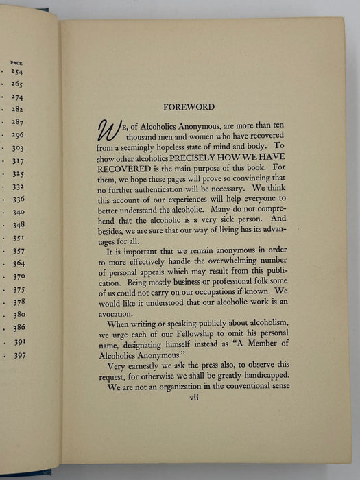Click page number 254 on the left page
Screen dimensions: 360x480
tap(16, 72)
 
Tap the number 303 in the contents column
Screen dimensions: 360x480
tap(17, 148)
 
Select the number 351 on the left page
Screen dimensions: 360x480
tap(18, 238)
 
